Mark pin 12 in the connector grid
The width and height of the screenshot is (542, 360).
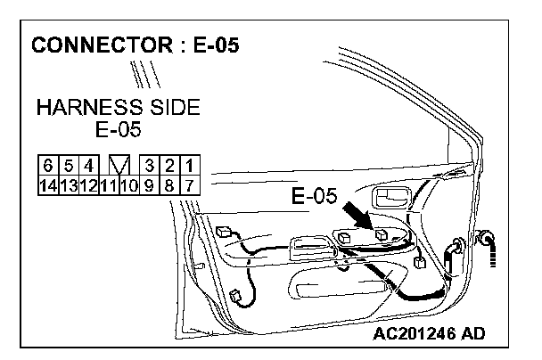click(x=87, y=185)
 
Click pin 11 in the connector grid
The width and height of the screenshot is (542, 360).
click(x=109, y=185)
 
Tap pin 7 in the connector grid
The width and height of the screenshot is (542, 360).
click(x=190, y=185)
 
